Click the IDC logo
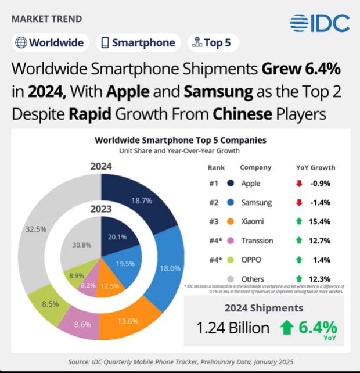320,23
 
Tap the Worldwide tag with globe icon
49,42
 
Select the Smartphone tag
138,42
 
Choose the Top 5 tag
214,42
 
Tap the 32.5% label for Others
36,229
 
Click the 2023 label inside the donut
101,209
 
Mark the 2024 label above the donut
101,167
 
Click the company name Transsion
257,240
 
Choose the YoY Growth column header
315,167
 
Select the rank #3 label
213,221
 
